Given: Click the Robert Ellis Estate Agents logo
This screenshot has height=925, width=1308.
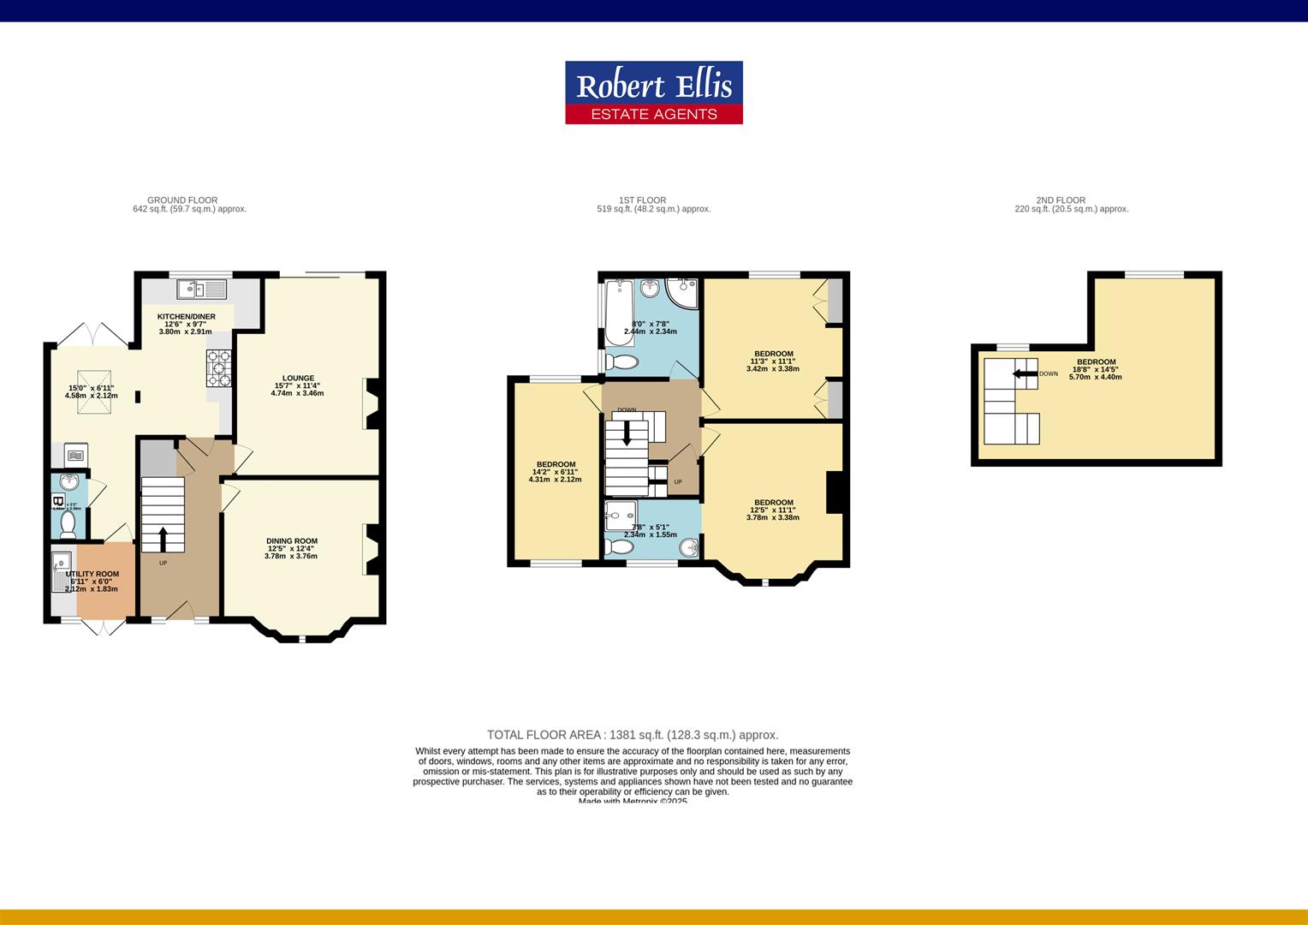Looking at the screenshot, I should (653, 92).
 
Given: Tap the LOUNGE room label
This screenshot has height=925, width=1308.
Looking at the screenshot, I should (298, 379).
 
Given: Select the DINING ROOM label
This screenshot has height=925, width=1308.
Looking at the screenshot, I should (292, 541).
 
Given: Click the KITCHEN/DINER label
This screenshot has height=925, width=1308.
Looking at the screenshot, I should (186, 317).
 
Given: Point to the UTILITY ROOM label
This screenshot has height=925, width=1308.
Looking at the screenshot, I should (92, 574).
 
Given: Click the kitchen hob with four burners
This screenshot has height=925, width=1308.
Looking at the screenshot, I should (218, 368).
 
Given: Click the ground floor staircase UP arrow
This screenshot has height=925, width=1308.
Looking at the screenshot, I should (163, 538).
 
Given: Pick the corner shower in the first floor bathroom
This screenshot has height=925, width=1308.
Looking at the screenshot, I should (683, 292).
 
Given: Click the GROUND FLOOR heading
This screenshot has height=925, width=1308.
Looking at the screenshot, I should (182, 200).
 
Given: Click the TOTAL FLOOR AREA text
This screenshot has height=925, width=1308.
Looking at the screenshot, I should (633, 735).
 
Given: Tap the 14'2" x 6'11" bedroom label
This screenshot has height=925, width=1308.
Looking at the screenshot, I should (555, 464).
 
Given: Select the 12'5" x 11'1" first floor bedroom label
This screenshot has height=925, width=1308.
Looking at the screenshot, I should (773, 503).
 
